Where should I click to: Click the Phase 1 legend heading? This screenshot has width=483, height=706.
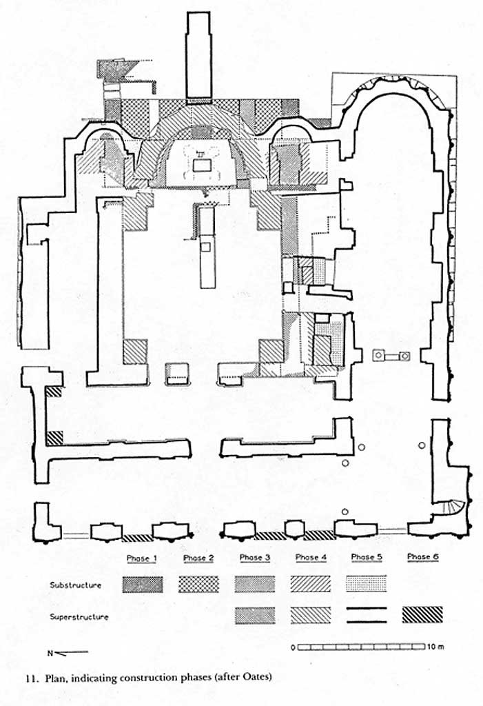point(143,557)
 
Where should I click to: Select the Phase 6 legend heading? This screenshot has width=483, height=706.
point(422,556)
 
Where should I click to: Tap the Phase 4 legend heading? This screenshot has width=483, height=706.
point(311,557)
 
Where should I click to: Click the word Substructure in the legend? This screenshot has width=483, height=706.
point(76,585)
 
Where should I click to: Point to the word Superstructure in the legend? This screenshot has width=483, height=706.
point(79,617)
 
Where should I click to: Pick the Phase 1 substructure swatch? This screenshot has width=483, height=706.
point(143,585)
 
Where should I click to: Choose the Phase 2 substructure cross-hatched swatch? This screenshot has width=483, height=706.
point(199,585)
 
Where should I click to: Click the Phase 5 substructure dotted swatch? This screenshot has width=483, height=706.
point(367,584)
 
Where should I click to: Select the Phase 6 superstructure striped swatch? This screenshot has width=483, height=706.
point(422,615)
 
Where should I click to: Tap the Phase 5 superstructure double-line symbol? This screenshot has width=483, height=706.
point(367,615)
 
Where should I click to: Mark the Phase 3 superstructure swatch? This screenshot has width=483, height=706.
point(255,615)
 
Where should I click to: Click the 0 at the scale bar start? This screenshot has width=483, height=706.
point(294,648)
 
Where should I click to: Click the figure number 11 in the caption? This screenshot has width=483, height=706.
point(31,676)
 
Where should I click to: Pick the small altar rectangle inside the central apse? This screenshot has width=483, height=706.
point(203,166)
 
